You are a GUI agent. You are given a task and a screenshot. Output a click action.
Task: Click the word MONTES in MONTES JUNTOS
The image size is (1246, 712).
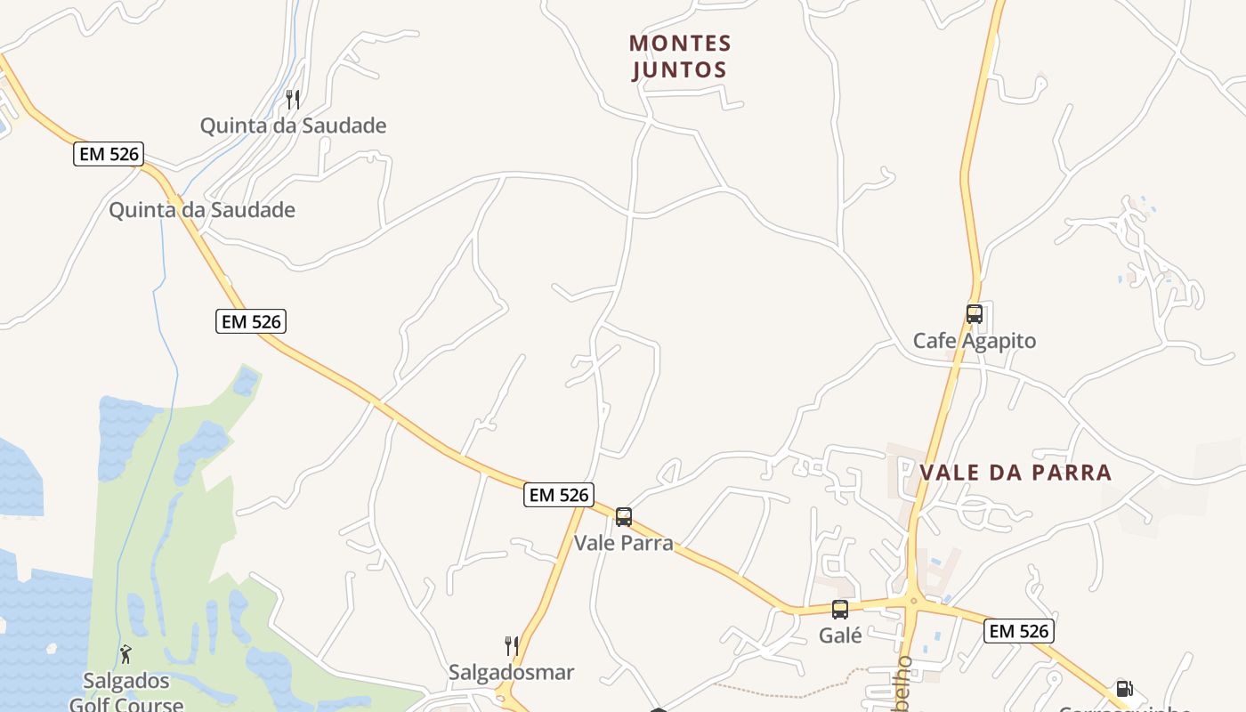click(680, 43)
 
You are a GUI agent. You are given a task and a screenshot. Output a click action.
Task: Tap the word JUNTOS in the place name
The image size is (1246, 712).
click(680, 69)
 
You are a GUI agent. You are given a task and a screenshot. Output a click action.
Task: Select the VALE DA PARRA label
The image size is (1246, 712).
click(1015, 472)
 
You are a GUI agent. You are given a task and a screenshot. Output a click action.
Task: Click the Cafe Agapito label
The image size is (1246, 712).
click(975, 341)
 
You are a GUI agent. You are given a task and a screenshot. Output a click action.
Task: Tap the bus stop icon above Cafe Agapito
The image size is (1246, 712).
click(975, 314)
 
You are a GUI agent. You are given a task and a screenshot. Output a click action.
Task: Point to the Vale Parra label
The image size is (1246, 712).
click(623, 543)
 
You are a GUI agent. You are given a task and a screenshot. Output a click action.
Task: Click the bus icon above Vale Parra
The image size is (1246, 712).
click(624, 517)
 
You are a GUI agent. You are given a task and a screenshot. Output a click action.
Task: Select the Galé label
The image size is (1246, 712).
click(840, 635)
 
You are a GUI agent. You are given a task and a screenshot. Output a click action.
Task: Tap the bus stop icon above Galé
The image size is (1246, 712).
click(840, 610)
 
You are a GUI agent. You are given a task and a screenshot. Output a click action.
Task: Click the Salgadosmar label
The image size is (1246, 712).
click(511, 672)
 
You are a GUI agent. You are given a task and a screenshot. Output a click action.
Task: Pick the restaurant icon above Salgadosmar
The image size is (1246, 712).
click(512, 645)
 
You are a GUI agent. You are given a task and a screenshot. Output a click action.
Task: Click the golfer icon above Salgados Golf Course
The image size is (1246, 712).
click(125, 654)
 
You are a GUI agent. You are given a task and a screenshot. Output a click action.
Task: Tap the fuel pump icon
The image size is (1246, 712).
click(1124, 689)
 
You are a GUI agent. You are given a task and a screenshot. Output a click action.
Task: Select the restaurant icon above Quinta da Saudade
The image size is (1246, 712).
click(293, 99)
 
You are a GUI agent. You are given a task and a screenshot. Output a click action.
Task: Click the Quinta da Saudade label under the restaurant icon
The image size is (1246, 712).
click(293, 125)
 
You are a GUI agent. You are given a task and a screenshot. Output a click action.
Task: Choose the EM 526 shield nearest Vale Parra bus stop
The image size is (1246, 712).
click(558, 495)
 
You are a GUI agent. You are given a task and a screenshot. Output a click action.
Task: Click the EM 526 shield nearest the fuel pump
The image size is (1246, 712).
click(1019, 631)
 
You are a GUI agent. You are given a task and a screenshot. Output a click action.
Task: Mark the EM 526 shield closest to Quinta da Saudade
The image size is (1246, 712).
click(109, 154)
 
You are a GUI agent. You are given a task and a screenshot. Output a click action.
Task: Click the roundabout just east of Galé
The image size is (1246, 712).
click(912, 603)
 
